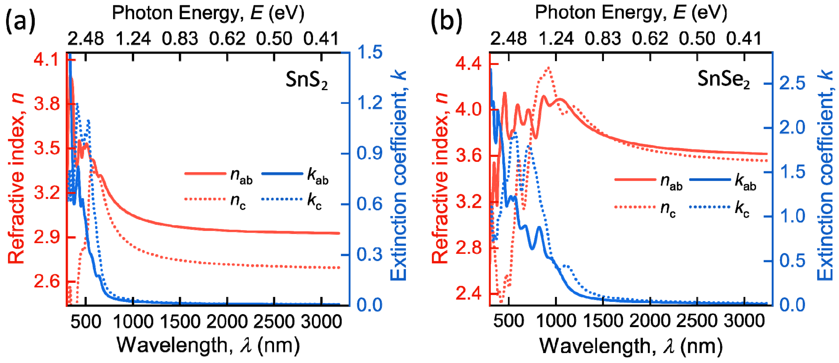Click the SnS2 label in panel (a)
tap(306, 80)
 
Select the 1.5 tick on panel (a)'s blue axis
tap(370, 52)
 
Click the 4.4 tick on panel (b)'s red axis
tap(468, 64)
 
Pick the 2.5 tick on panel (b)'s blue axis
tap(792, 83)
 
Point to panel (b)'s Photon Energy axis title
tap(631, 13)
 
